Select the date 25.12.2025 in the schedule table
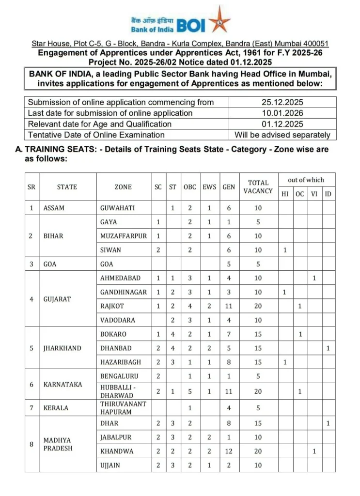tap(282, 102)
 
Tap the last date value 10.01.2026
tap(282, 113)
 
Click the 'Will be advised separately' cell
tap(282, 135)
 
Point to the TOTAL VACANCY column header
tap(258, 187)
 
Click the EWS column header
tap(209, 187)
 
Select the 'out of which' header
tap(306, 180)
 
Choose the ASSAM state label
tap(54, 208)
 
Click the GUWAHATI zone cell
tap(117, 208)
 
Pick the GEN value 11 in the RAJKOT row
tap(228, 306)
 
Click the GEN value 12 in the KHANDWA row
tap(228, 451)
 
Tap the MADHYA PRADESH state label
tap(58, 444)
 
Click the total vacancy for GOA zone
tap(258, 264)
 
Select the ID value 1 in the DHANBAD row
tap(328, 348)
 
